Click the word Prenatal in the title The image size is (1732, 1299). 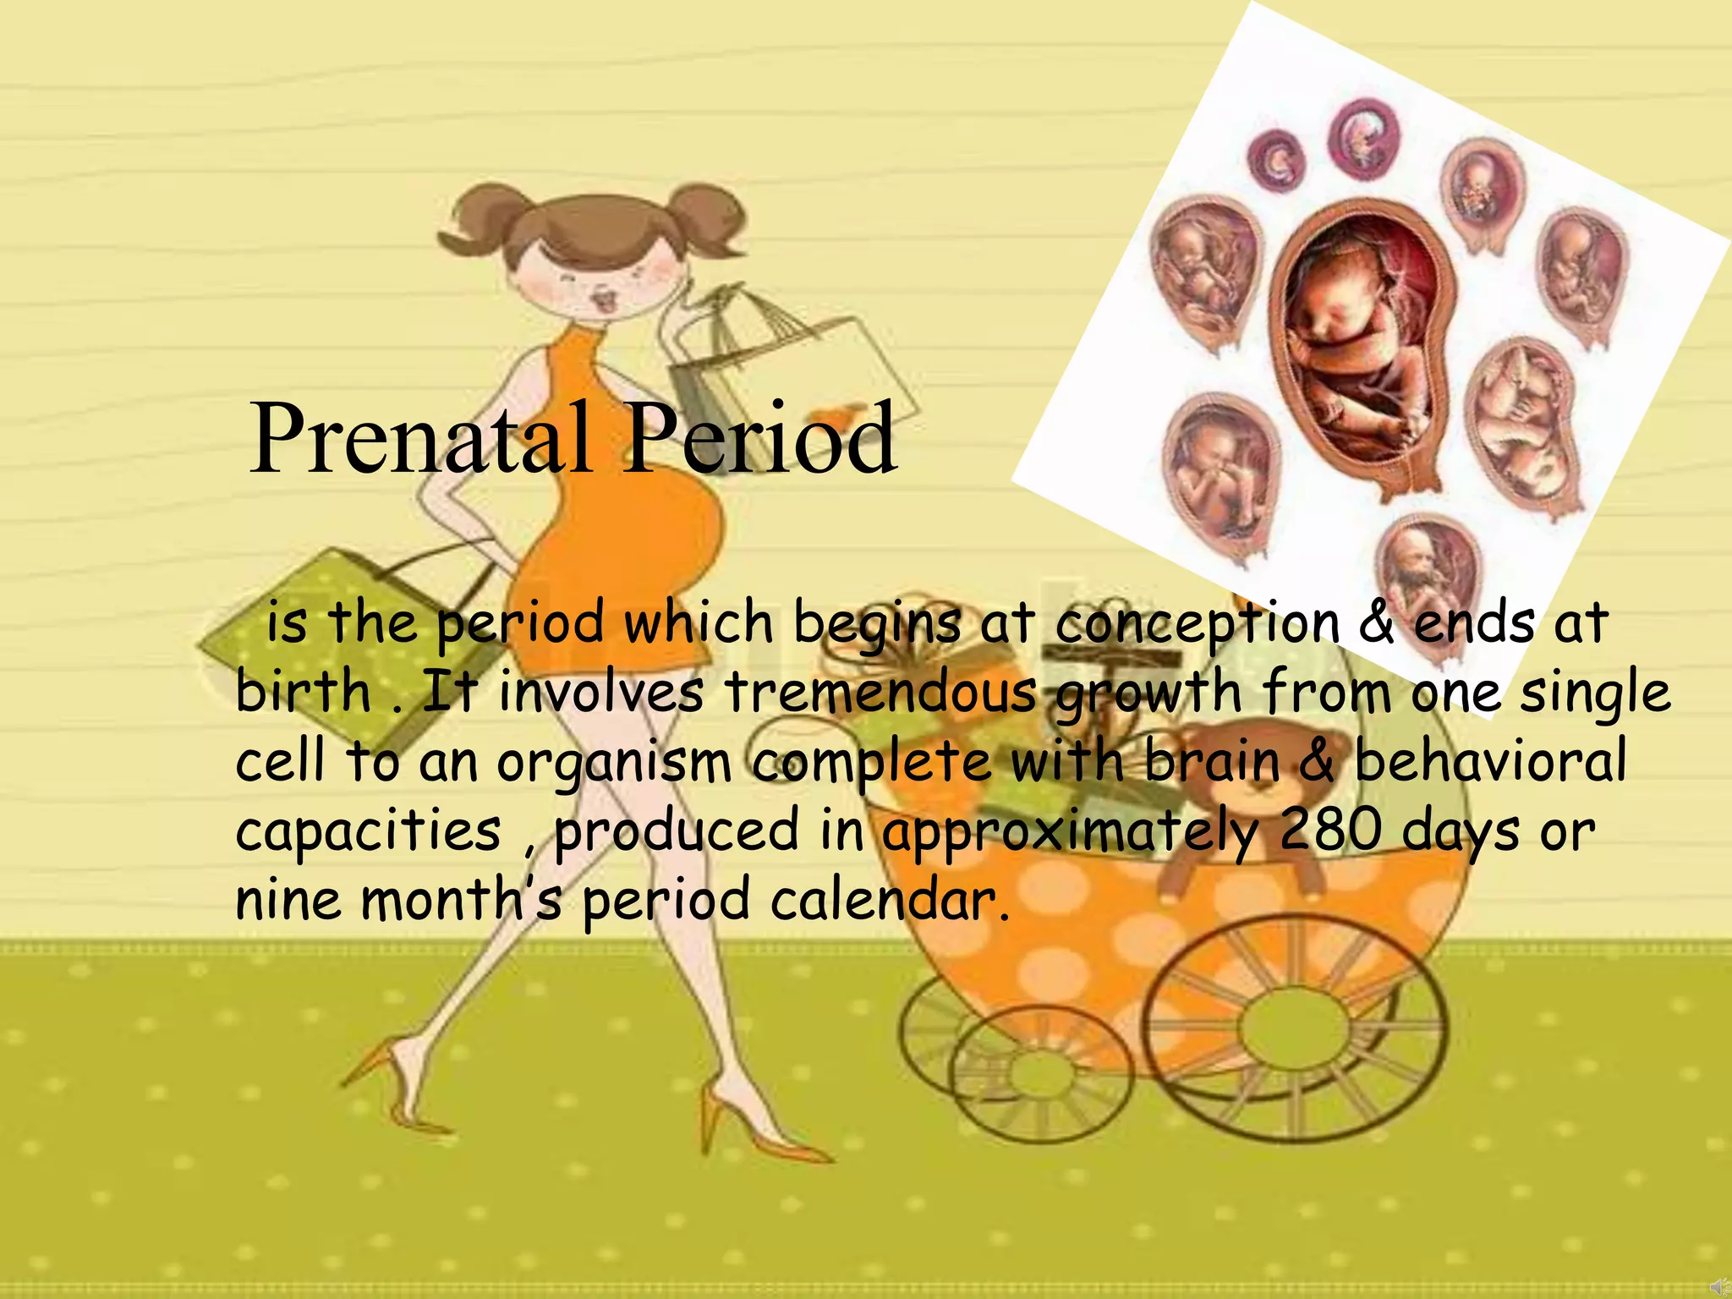(x=420, y=439)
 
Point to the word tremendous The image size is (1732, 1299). (x=880, y=692)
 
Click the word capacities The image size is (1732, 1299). (x=369, y=831)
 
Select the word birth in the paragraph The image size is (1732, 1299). (x=304, y=691)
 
